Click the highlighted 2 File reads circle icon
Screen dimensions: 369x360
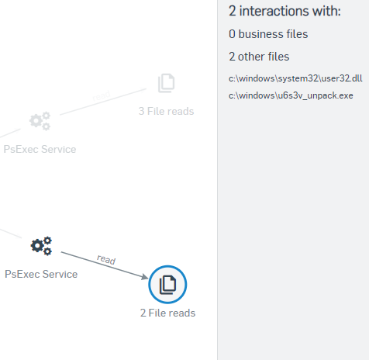[x=167, y=284]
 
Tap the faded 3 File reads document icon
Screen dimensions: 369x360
[x=167, y=83]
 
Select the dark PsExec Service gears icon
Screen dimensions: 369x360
[x=41, y=246]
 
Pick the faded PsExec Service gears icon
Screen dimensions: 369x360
[x=40, y=121]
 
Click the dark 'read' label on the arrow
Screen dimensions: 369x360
[x=106, y=259]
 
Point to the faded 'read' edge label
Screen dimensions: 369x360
[x=102, y=95]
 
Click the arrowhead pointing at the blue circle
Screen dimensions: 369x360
[x=145, y=276]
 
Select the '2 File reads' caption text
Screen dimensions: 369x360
[x=167, y=313]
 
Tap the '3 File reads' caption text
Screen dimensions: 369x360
[x=166, y=111]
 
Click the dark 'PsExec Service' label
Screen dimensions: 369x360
[x=41, y=274]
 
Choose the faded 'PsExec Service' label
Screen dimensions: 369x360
[x=40, y=149]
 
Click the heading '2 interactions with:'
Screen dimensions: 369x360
[x=285, y=11]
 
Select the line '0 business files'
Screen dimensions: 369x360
[x=268, y=34]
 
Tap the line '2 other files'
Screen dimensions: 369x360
[x=259, y=57]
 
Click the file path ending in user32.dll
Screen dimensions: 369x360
[x=295, y=78]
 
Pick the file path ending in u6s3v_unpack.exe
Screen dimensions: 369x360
[x=291, y=95]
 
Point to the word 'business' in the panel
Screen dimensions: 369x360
[x=260, y=34]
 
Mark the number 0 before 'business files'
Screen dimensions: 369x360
[x=232, y=34]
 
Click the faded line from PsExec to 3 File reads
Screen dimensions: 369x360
[x=103, y=102]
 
